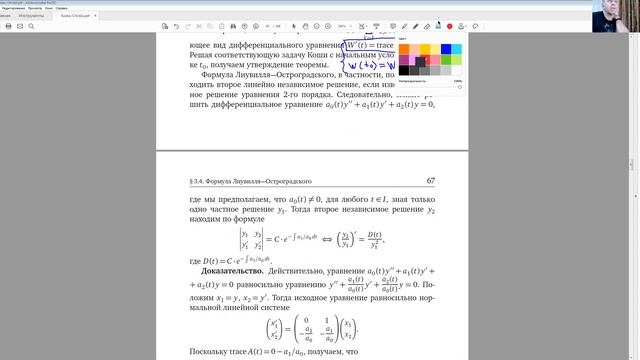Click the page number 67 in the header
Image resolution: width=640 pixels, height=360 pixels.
coord(430,181)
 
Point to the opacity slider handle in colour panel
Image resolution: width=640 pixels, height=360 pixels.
coord(459,86)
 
